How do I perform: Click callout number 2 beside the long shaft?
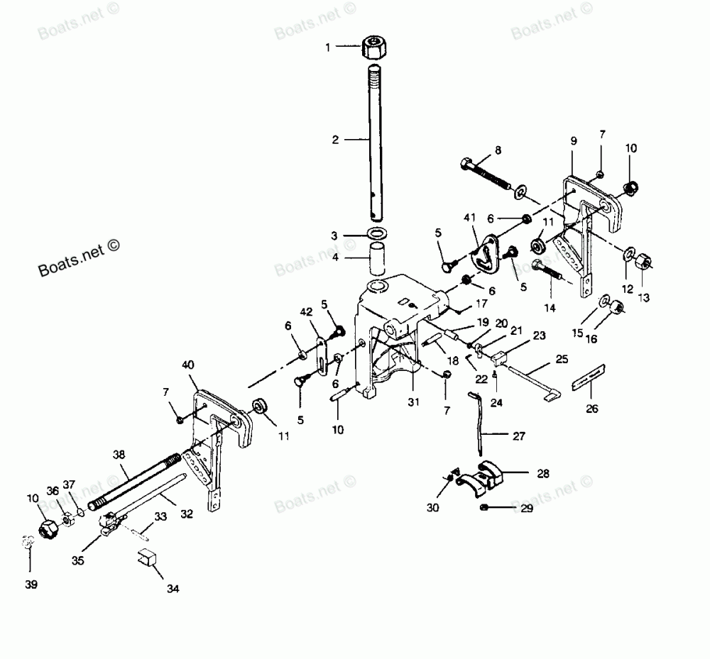click(336, 140)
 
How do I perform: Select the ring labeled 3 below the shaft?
click(378, 234)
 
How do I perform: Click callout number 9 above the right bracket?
click(573, 141)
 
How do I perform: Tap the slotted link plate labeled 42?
click(322, 350)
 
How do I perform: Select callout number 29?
click(526, 508)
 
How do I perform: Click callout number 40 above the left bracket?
click(188, 365)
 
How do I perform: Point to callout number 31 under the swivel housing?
click(414, 402)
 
